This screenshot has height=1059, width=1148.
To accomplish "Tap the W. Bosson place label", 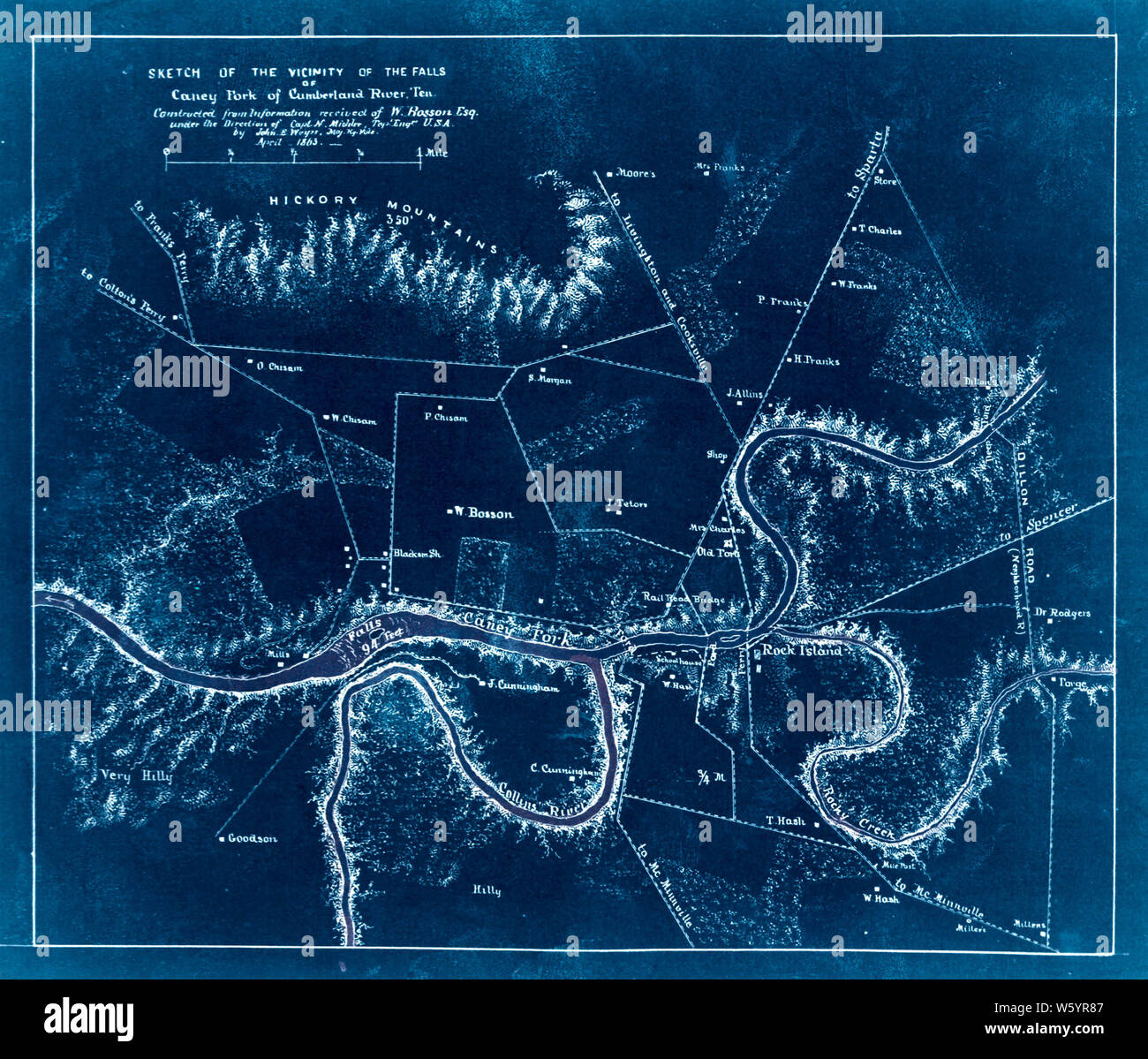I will tap(483, 512).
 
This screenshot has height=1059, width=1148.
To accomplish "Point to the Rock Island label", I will tap(802, 651).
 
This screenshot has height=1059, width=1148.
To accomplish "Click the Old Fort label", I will tap(717, 552).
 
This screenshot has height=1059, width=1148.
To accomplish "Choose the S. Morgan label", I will tap(550, 380).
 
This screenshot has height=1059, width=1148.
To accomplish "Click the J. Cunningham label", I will tap(523, 685).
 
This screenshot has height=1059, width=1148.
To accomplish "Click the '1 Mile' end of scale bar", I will tap(433, 153).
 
